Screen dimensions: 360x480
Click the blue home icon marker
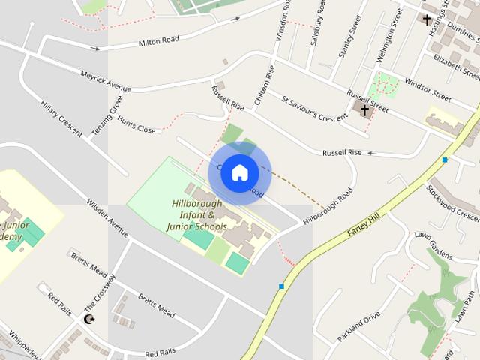(239, 172)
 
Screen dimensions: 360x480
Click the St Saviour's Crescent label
(311, 107)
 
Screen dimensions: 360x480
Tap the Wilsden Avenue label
(108, 217)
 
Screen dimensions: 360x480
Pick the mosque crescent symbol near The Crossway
(90, 320)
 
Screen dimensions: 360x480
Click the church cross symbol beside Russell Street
(365, 111)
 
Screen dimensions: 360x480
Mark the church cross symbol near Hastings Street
(427, 20)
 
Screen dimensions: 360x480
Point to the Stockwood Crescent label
(452, 202)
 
